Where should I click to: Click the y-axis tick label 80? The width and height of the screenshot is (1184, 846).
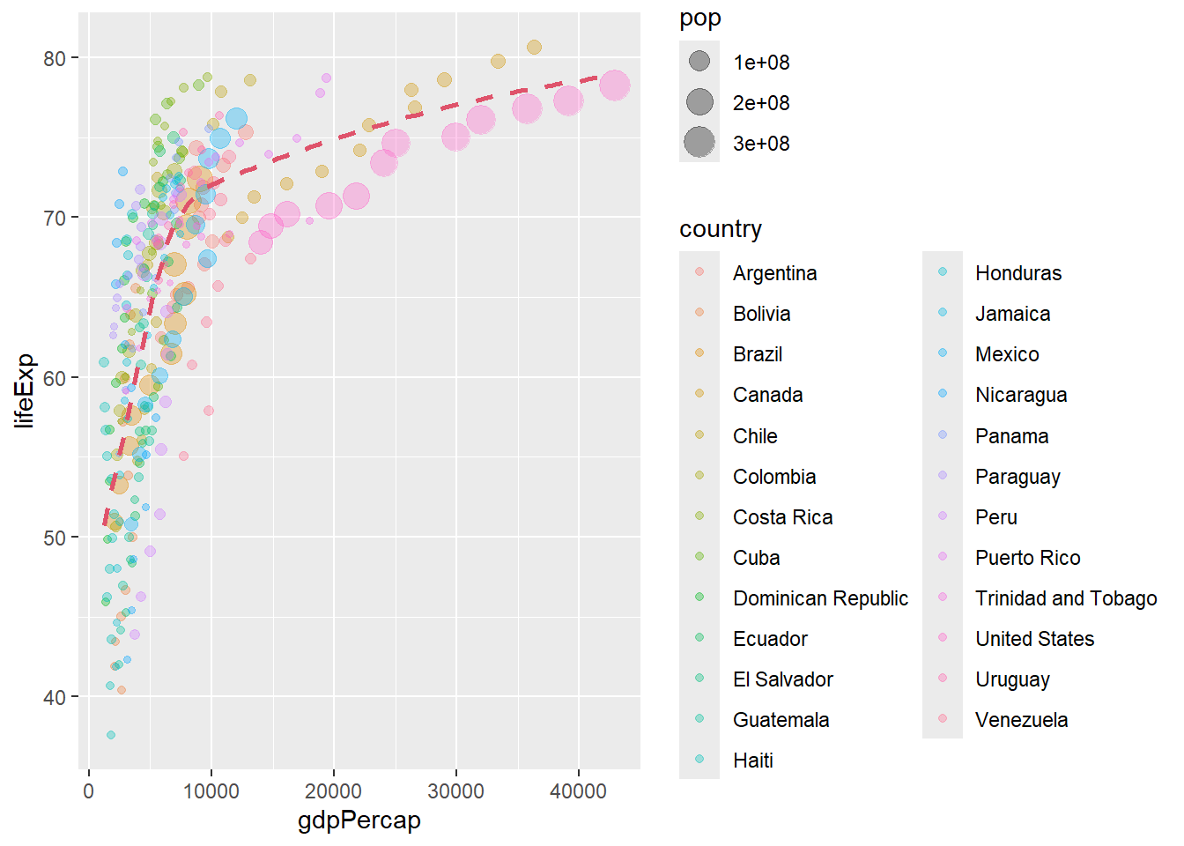click(x=55, y=59)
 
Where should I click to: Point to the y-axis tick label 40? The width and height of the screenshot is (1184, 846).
click(x=55, y=697)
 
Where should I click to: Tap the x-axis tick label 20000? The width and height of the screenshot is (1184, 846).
click(x=333, y=791)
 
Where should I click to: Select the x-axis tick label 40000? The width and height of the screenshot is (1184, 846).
click(x=578, y=791)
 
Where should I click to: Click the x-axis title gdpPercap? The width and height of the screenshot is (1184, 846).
click(x=359, y=820)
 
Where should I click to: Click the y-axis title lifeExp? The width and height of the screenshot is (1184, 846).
click(x=25, y=390)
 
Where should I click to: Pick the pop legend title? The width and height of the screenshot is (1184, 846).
click(x=700, y=19)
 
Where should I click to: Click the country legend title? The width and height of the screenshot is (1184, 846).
click(x=721, y=229)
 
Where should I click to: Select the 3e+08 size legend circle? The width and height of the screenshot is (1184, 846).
click(x=699, y=143)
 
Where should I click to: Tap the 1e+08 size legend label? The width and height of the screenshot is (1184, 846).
click(x=761, y=63)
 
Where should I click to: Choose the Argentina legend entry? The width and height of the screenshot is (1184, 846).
click(x=774, y=273)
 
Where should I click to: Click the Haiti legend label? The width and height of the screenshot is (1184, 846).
click(x=753, y=761)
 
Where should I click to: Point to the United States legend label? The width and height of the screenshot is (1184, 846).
click(x=1034, y=639)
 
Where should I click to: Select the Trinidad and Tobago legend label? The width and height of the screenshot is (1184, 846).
click(x=1066, y=598)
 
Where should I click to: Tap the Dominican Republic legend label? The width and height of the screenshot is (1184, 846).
click(x=820, y=598)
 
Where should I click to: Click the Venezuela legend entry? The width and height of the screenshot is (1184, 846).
click(x=1021, y=720)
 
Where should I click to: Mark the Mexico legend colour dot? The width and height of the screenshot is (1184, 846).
click(x=943, y=353)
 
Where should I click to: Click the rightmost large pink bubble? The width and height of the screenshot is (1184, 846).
click(x=614, y=85)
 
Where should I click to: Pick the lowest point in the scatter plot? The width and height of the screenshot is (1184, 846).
click(x=111, y=735)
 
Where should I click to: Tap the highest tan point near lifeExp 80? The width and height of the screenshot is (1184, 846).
click(x=534, y=48)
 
